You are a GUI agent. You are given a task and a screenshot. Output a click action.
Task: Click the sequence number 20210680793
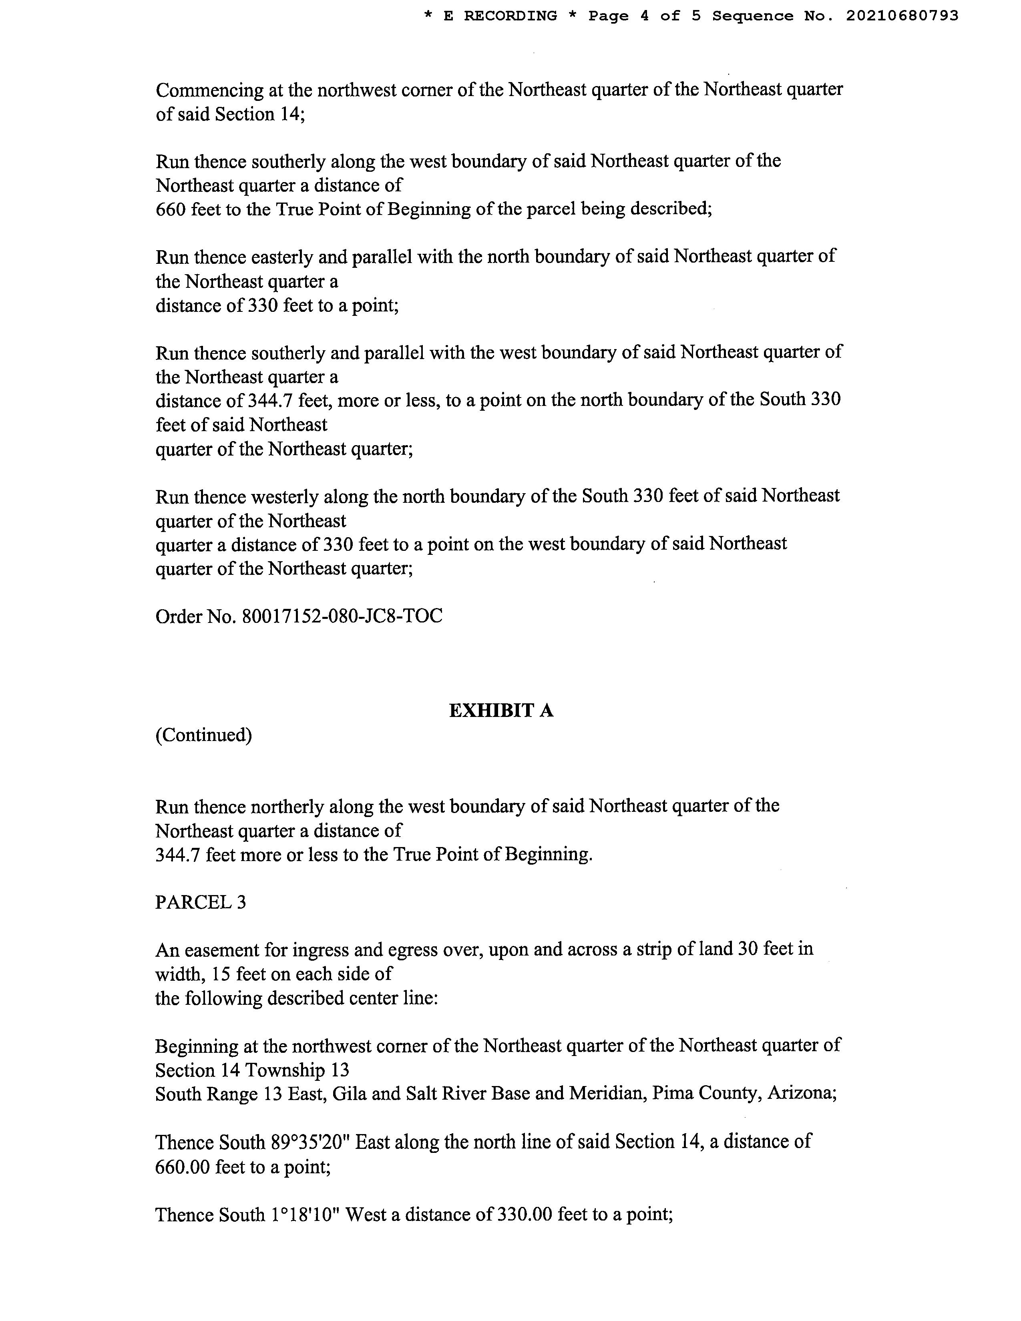902,16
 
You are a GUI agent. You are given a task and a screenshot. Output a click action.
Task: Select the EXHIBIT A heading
501,710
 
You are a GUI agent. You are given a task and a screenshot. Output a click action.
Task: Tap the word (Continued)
203,735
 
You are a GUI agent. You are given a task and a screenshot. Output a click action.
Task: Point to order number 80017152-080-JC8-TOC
342,616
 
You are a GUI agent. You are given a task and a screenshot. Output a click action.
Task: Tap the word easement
221,950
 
